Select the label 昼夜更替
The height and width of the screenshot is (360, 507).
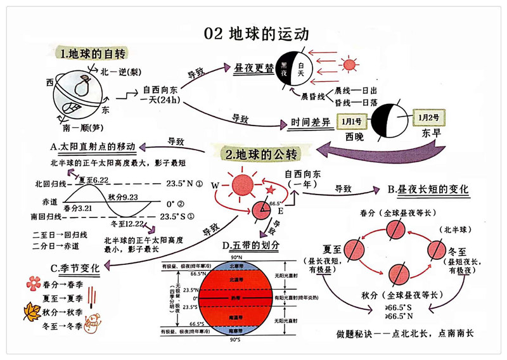coord(254,68)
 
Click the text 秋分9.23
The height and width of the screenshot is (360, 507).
coord(124,196)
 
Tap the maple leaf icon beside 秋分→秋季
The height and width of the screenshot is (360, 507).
coord(30,311)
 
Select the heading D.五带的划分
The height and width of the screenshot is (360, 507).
coord(251,245)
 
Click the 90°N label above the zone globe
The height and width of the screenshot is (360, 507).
coord(235,257)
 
